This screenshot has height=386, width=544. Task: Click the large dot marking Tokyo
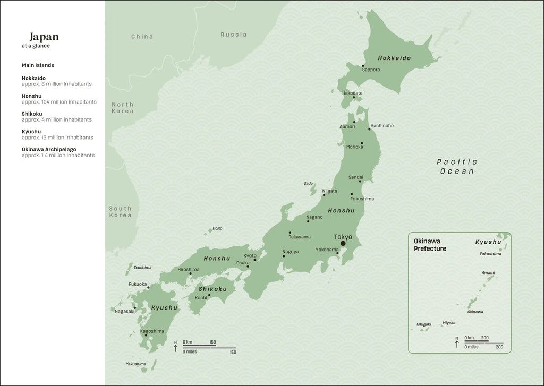pos(343,243)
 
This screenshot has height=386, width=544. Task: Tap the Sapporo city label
pos(371,70)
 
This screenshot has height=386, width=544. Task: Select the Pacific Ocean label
pos(457,166)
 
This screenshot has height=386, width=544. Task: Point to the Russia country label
pos(234,35)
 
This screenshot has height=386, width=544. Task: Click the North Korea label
pos(123,108)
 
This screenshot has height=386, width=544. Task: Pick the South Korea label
pos(121,212)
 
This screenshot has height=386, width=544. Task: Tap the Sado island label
pos(308,183)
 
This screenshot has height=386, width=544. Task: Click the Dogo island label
pos(217,228)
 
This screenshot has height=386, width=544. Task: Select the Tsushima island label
pos(142,267)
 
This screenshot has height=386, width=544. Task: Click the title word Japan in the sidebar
pos(44,37)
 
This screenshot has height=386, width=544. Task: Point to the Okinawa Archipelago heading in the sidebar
pos(49,150)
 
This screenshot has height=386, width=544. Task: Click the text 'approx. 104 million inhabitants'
pos(59,102)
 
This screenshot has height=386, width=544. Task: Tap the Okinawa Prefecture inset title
pos(430,244)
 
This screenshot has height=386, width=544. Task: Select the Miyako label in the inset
pos(449,323)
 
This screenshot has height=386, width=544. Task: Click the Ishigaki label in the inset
pos(424,324)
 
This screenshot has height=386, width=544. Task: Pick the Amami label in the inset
pos(488,273)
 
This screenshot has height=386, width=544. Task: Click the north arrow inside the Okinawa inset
pos(456,343)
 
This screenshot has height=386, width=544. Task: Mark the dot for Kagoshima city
pos(146,335)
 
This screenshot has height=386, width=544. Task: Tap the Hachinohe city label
pos(382,126)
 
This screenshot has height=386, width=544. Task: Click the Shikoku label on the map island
pos(212,289)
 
